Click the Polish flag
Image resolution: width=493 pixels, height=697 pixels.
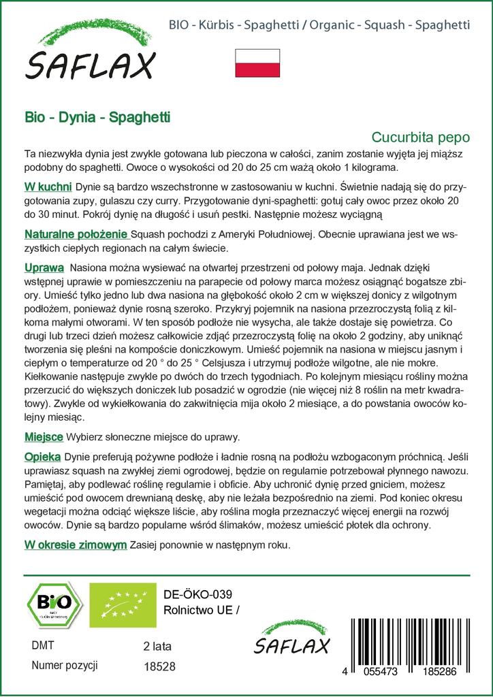[257, 63]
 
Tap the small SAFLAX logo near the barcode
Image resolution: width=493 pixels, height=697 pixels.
[291, 639]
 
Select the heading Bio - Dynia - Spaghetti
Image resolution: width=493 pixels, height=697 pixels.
[97, 117]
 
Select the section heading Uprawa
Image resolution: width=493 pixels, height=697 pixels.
[44, 268]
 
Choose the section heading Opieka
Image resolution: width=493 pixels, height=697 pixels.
[42, 455]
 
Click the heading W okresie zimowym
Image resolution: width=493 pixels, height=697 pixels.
[75, 545]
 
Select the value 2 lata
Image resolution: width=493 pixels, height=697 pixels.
[158, 645]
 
